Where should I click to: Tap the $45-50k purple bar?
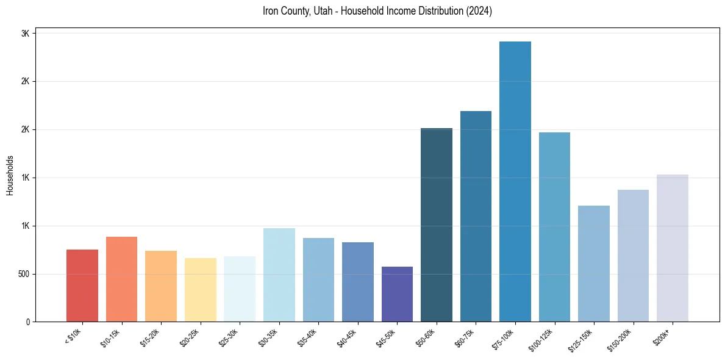[397, 294]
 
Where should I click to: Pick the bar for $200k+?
[673, 248]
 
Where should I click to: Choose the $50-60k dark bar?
[437, 225]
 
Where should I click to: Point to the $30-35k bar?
[279, 275]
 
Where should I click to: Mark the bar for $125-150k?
[594, 264]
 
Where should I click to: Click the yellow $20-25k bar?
[201, 290]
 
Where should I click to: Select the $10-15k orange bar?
[122, 279]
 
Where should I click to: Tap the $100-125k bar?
[554, 227]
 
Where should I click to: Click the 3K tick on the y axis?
[25, 34]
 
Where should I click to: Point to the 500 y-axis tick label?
[23, 274]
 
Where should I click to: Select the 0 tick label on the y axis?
[27, 322]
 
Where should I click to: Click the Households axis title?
[10, 175]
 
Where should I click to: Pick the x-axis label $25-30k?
[229, 337]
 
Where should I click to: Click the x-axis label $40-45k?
[347, 337]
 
